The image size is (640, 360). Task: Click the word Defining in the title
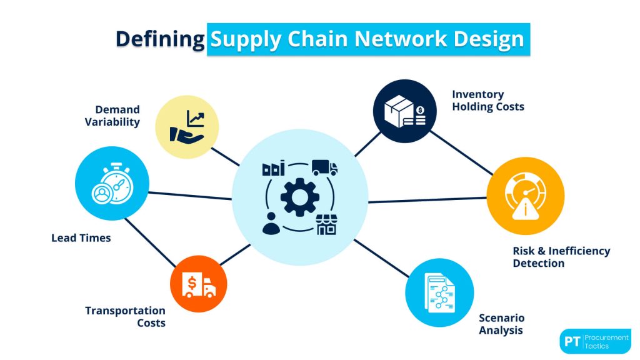160,39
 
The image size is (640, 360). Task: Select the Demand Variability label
112,116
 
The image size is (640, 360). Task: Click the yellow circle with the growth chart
187,127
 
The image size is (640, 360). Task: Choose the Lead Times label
81,237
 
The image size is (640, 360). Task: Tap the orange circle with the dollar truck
199,284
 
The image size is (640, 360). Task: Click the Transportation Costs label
125,317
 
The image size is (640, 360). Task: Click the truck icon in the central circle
324,167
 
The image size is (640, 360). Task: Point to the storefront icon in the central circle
326,224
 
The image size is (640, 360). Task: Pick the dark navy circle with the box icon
404,111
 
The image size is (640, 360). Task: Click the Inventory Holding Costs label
487,100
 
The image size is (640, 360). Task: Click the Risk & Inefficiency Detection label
561,257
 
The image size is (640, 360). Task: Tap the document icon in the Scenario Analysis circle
439,292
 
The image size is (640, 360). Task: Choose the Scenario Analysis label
501,324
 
